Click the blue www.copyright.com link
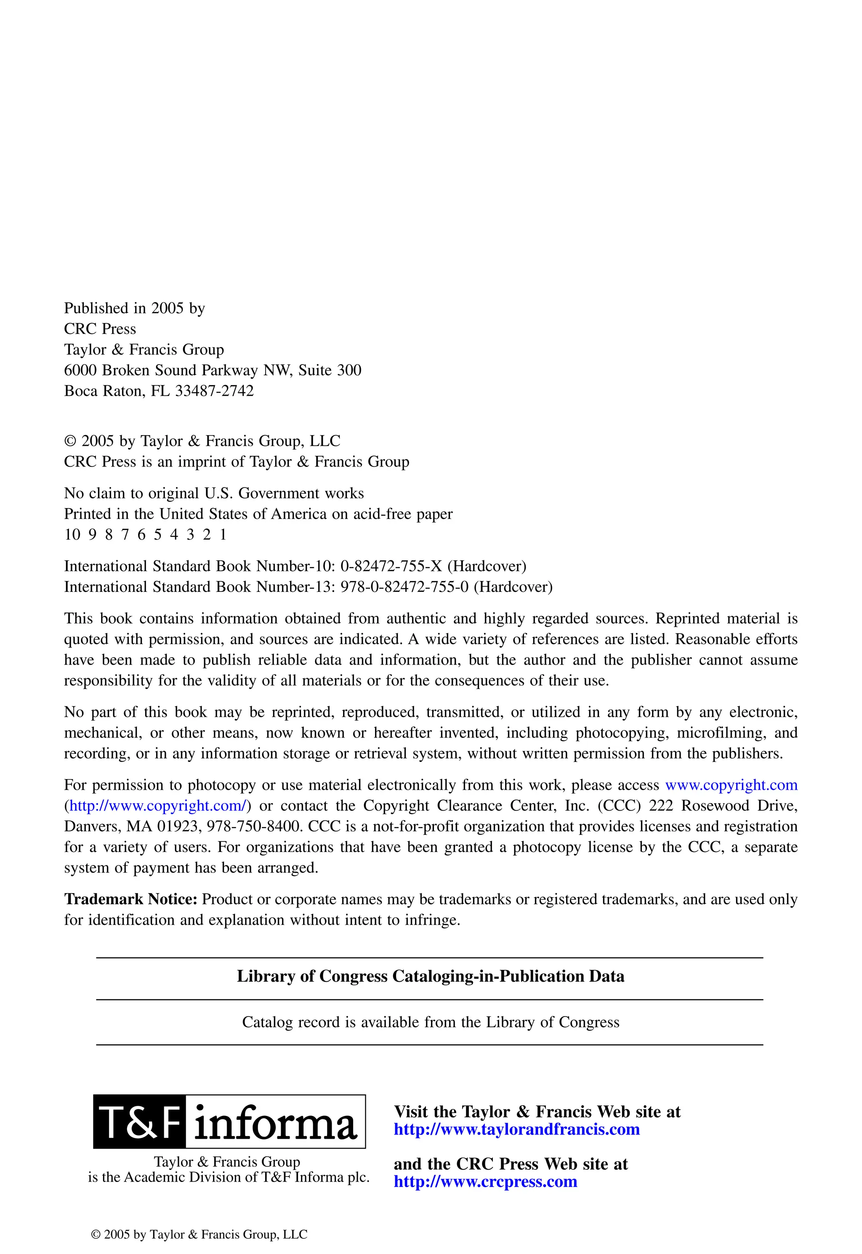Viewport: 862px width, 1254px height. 731,785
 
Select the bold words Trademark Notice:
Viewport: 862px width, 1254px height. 131,899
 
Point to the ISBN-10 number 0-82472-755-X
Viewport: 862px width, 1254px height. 391,566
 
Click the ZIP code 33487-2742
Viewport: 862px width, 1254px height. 214,391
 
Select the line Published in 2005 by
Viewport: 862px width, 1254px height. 135,309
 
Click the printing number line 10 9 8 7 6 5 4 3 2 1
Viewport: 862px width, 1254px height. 145,535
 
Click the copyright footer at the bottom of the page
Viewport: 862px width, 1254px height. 200,1235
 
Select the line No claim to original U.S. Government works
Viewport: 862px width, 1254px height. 214,493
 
